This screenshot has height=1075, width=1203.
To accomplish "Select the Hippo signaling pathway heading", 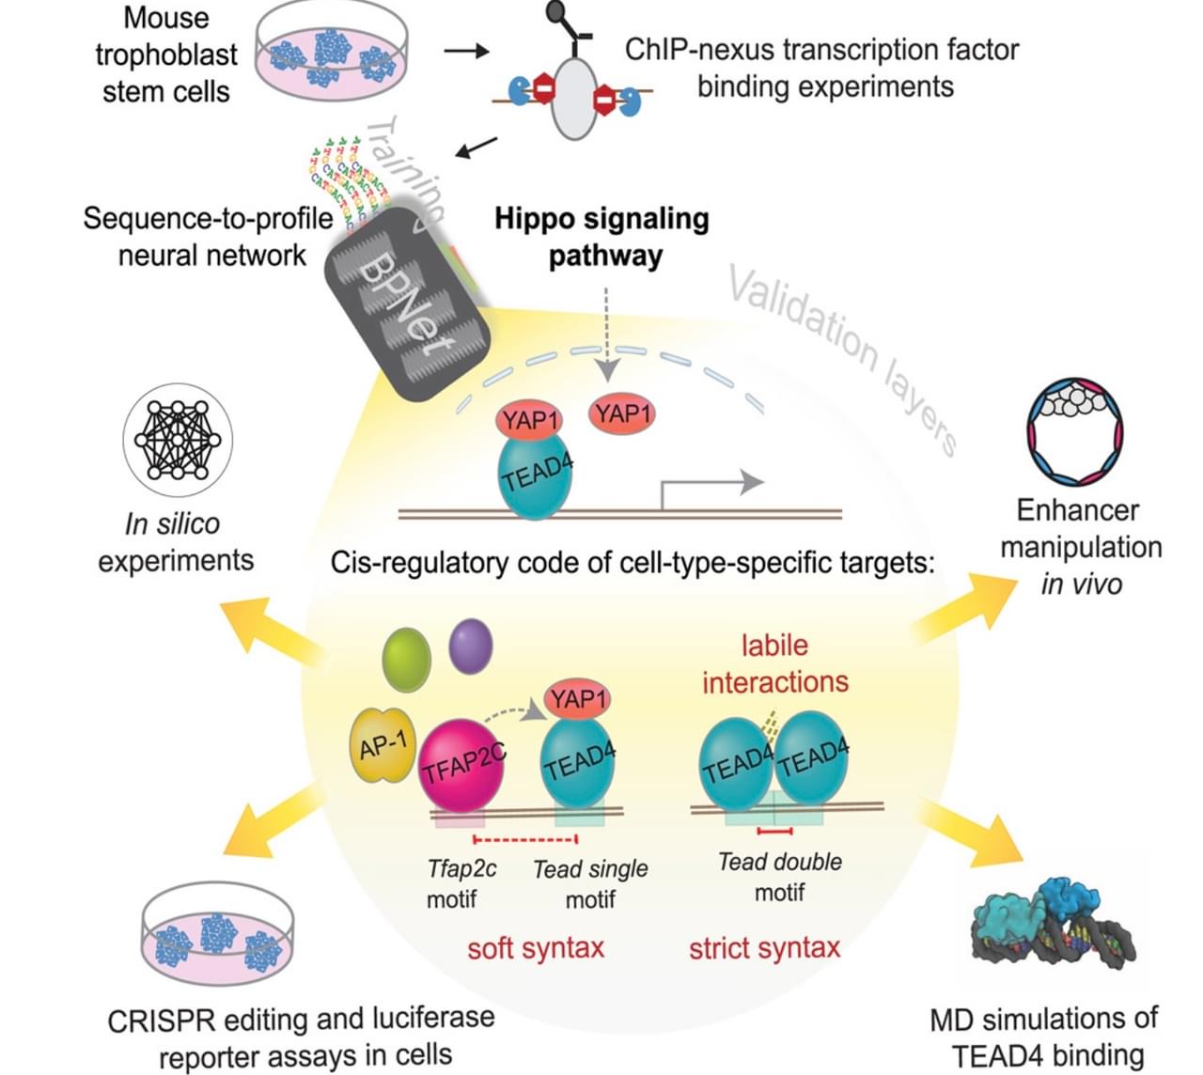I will (x=602, y=237).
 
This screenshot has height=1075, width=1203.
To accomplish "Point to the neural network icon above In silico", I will (x=178, y=440).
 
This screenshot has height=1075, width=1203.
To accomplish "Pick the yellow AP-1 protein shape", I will (x=383, y=746).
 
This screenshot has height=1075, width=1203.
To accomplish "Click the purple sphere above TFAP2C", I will (x=471, y=647).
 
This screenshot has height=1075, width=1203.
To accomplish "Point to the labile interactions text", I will (x=774, y=663).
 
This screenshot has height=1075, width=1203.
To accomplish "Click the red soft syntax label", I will (x=536, y=948).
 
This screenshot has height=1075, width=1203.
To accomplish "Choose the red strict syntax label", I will (x=764, y=948).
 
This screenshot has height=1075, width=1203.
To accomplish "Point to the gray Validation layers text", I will (x=841, y=358).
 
